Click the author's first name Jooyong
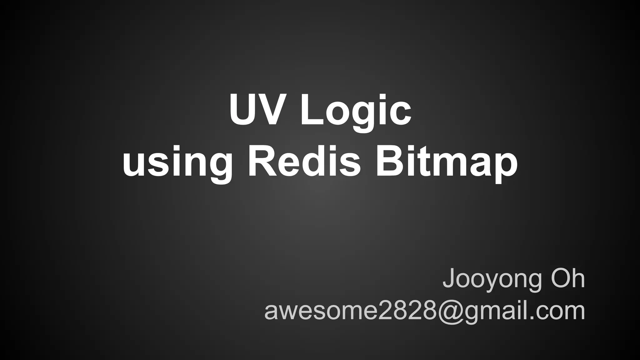click(492, 279)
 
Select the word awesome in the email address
click(321, 311)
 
